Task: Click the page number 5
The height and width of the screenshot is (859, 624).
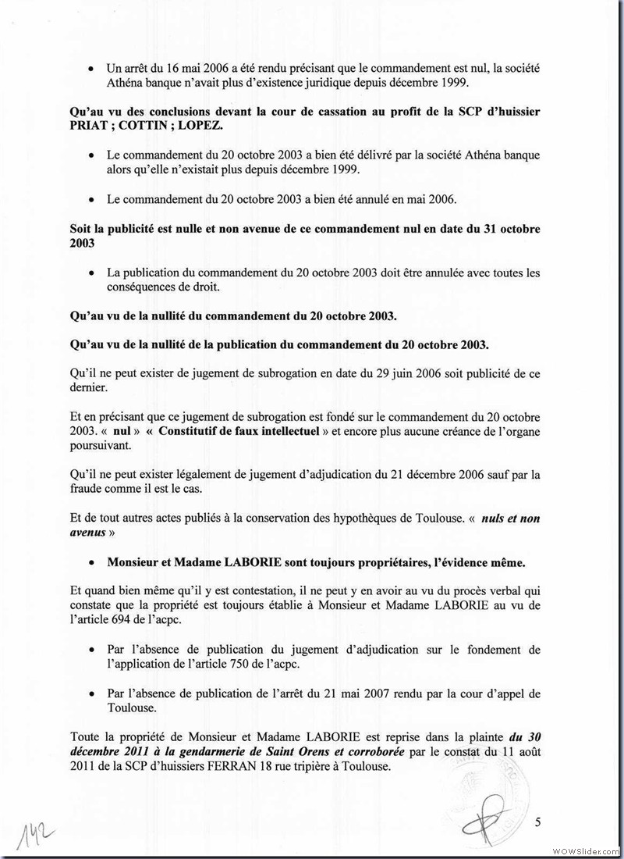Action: [538, 821]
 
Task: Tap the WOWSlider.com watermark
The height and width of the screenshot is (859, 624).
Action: [586, 850]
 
